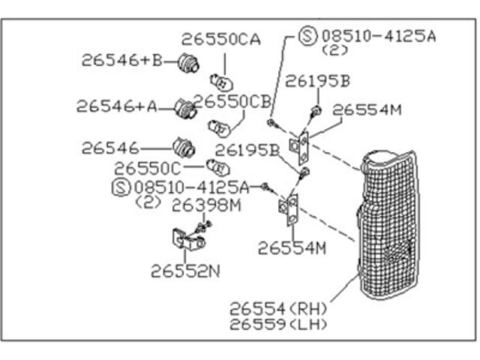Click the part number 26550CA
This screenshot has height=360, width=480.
221,40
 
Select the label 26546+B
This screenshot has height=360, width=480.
121,60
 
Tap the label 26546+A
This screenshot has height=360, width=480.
117,106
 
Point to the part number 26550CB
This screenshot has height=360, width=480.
232,101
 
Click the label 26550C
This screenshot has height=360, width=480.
148,168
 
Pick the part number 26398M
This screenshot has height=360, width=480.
207,205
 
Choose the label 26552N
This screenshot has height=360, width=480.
185,271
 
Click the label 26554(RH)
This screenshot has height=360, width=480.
278,309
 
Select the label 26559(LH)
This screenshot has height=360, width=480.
278,324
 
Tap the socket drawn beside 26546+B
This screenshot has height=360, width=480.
188,63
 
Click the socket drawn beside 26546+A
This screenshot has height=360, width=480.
185,109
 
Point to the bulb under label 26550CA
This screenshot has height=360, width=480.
221,82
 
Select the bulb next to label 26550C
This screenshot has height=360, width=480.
217,167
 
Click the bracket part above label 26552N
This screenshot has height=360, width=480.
188,240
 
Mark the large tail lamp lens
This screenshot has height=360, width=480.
388,225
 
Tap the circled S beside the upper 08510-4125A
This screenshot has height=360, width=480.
307,36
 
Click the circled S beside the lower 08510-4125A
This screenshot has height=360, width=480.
121,187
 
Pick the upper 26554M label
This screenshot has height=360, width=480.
367,109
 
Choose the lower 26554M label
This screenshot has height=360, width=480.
292,248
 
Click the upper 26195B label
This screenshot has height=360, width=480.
317,81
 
